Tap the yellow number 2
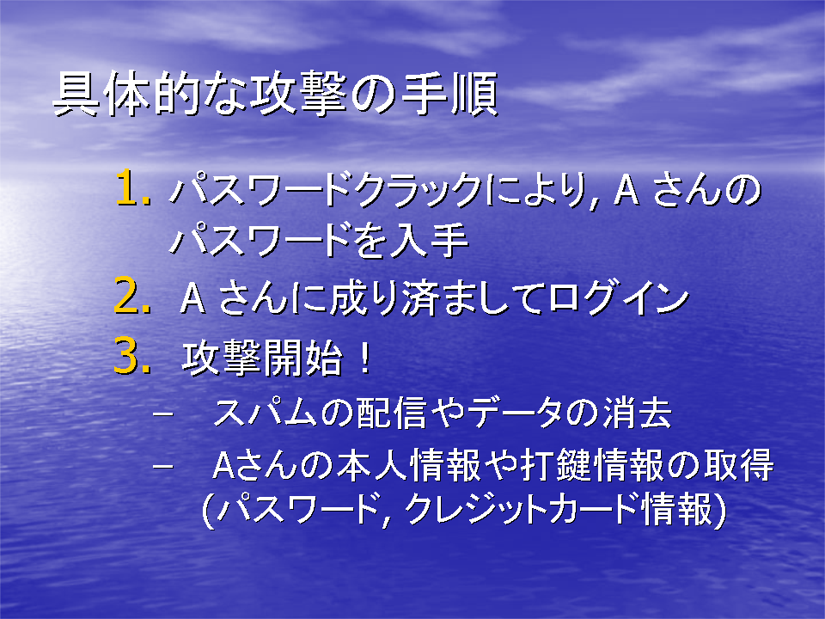pyautogui.click(x=128, y=296)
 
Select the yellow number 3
pyautogui.click(x=128, y=356)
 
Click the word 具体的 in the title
pyautogui.click(x=126, y=94)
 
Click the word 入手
pyautogui.click(x=429, y=240)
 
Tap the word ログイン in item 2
pyautogui.click(x=619, y=298)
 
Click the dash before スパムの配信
pyautogui.click(x=162, y=414)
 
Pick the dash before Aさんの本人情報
pyautogui.click(x=162, y=466)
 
